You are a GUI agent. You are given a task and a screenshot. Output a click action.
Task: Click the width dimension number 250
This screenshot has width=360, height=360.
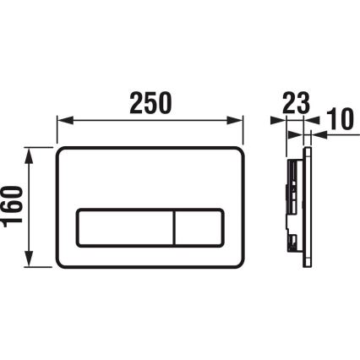click(x=150, y=102)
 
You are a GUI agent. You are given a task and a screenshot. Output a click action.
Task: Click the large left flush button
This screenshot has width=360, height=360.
click(x=126, y=228)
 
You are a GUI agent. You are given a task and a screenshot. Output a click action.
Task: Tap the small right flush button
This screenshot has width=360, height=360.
click(x=200, y=228)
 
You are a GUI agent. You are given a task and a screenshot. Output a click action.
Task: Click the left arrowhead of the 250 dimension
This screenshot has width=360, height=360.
click(x=62, y=119)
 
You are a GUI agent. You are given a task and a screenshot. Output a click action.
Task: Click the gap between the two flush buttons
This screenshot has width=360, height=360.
click(x=175, y=228)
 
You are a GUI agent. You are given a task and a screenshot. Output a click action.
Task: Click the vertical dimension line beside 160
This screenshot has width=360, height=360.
click(x=31, y=207)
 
